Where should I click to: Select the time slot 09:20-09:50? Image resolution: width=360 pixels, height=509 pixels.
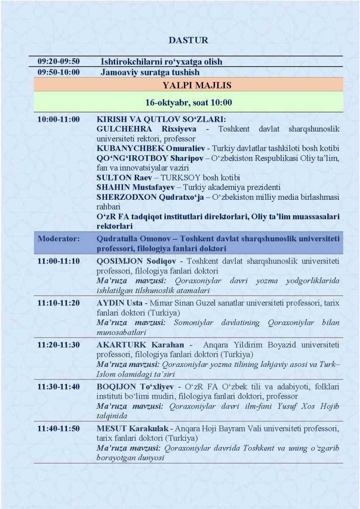[59, 62]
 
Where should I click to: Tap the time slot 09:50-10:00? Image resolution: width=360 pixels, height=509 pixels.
[59, 72]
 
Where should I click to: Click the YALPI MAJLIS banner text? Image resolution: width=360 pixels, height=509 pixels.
[197, 85]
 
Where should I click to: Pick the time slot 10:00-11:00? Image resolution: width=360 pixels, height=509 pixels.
[59, 120]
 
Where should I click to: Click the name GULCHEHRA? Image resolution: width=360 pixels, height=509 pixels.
[120, 129]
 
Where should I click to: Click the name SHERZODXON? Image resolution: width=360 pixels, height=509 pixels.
[121, 197]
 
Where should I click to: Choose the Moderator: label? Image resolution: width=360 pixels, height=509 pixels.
[59, 238]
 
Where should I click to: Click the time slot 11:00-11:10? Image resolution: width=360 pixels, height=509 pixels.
[59, 261]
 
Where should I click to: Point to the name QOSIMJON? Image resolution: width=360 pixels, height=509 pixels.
[116, 261]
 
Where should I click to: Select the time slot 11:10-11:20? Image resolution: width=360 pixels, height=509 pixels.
[59, 303]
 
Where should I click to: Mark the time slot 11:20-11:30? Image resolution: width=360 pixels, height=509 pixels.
[59, 344]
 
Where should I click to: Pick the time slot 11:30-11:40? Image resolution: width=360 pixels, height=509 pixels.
[59, 386]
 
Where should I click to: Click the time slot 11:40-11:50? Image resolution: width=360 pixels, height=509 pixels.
[59, 428]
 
